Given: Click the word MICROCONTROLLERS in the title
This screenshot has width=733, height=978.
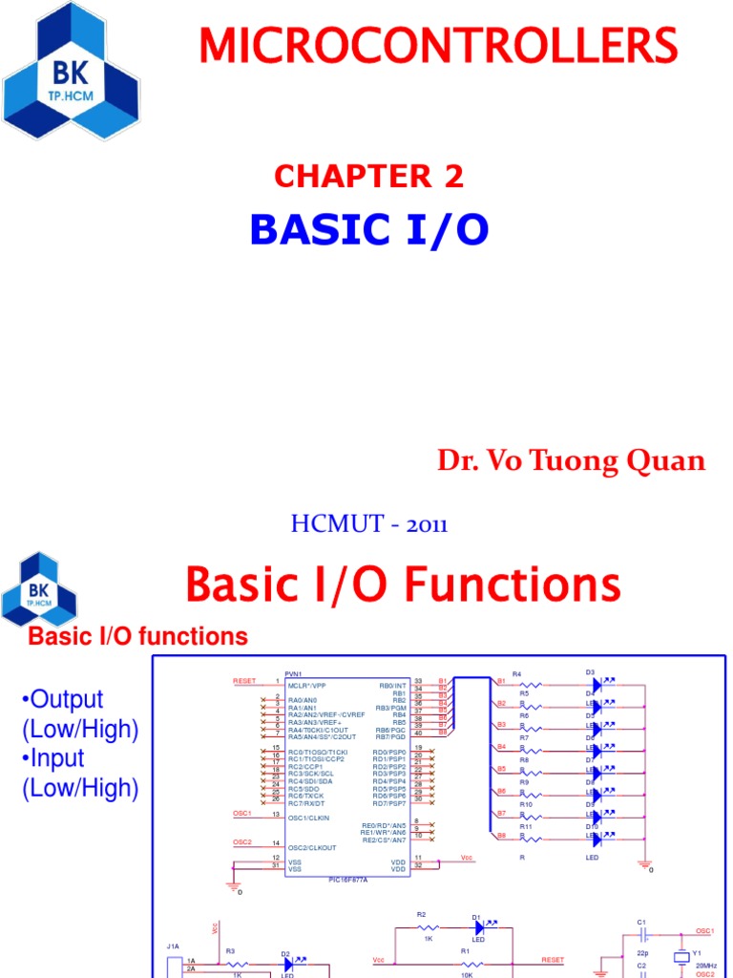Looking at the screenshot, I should pos(438,46).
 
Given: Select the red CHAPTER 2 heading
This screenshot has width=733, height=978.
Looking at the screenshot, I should pos(368,176).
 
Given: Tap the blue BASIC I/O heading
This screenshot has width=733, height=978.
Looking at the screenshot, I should pos(368,229).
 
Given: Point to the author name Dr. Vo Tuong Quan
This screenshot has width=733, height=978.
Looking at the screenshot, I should pos(571,460).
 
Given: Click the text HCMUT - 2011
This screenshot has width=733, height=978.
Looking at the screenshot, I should pos(368,523).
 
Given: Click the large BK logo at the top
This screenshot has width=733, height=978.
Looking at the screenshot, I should pos(71,71).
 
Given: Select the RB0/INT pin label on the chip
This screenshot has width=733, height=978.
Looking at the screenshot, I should pos(392,685).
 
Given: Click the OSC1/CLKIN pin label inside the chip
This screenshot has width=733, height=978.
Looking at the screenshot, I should pos(311,818).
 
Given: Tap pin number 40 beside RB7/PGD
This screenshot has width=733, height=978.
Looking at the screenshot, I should pos(418,733).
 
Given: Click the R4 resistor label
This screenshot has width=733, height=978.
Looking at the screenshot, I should pos(516,674).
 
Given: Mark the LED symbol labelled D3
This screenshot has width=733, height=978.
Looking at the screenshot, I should pos(597,684).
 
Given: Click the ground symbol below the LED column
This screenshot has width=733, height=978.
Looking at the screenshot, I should pos(645,864).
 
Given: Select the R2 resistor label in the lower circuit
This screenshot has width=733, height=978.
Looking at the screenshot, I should pos(421,914).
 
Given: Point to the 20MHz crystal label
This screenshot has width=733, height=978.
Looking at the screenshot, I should pos(704,967).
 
